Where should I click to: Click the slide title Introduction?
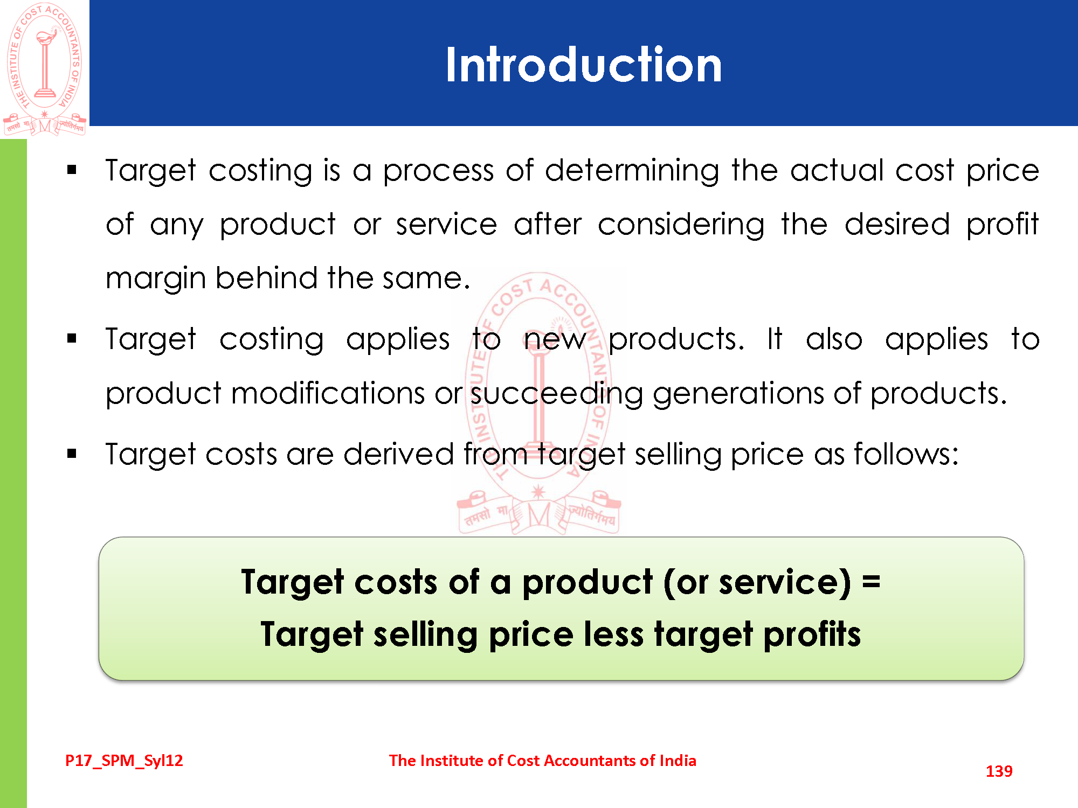point(583,64)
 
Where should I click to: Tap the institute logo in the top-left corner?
point(45,69)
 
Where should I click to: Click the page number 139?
point(999,771)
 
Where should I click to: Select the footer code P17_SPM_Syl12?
point(124,761)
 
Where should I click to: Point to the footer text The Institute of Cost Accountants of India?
point(542,760)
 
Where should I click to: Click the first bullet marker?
point(72,170)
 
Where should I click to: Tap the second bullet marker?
point(72,339)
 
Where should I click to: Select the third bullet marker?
point(72,454)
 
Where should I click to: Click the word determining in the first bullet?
point(632,172)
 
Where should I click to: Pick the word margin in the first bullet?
point(156,280)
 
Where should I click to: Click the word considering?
point(681,226)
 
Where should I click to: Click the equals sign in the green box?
point(871,582)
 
